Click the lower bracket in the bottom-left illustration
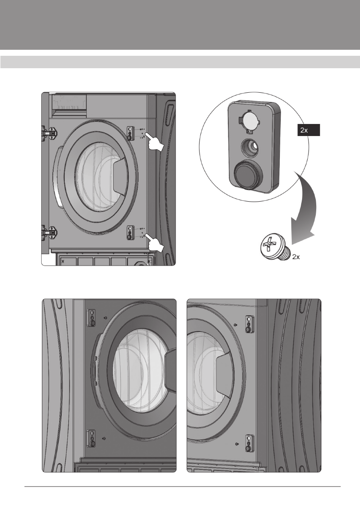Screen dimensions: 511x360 (91, 438)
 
